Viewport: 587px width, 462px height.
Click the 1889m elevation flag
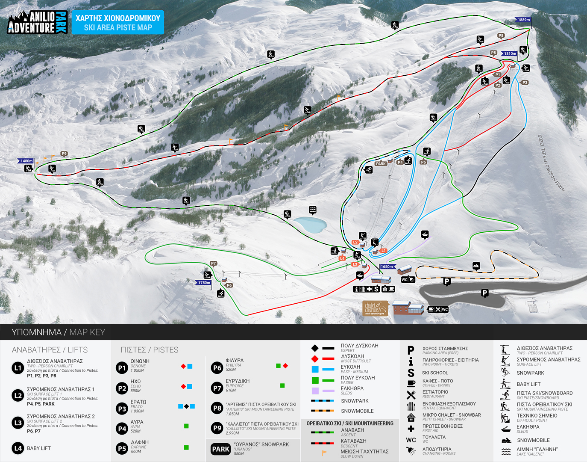[523, 20]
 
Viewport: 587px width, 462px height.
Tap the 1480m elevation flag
[26, 161]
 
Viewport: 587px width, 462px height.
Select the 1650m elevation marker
[387, 267]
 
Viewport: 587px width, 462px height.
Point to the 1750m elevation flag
[204, 282]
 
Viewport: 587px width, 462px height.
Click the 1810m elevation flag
[509, 53]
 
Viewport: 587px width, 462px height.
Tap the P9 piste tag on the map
[64, 154]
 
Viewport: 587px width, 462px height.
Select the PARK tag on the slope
[381, 163]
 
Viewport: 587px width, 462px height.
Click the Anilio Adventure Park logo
[38, 22]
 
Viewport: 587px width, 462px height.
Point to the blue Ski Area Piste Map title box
[117, 23]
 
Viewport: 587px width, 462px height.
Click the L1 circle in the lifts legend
[18, 368]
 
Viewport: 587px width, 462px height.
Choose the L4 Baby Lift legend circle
[18, 448]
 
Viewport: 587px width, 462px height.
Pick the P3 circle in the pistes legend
[122, 409]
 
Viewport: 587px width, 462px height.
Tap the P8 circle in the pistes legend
[217, 409]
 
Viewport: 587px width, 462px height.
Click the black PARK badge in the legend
[221, 449]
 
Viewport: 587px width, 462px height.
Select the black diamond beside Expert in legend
[315, 348]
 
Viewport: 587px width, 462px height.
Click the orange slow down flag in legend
[325, 453]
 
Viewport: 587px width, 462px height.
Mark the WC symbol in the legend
[411, 440]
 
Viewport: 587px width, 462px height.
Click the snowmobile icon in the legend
[506, 440]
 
